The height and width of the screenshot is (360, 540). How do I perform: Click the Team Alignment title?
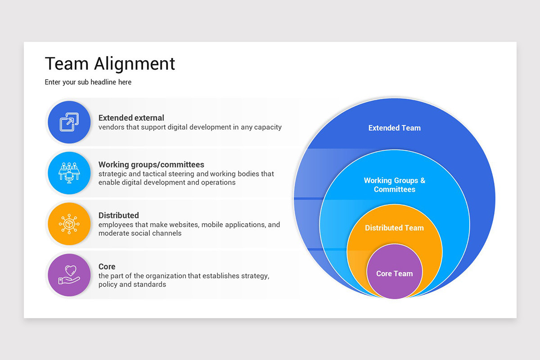tap(110, 64)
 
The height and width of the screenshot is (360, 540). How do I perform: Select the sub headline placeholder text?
tap(88, 82)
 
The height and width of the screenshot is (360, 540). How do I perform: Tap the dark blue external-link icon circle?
tap(69, 122)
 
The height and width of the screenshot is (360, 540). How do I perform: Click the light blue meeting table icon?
tap(69, 173)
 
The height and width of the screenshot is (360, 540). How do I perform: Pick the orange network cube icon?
tap(69, 224)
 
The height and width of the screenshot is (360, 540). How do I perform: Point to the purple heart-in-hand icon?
tap(69, 275)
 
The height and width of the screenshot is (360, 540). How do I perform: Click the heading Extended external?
tap(131, 118)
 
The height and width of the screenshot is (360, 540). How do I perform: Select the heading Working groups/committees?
tap(151, 165)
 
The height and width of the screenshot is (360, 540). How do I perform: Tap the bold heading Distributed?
tap(118, 216)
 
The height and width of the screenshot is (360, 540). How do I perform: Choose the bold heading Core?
tap(107, 266)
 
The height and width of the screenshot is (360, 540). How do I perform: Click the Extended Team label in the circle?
tap(394, 128)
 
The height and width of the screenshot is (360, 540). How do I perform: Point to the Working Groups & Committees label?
tap(394, 185)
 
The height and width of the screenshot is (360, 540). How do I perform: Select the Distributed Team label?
tap(394, 228)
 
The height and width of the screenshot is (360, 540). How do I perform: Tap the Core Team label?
tap(394, 274)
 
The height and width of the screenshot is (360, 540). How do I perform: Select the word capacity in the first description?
tap(267, 127)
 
